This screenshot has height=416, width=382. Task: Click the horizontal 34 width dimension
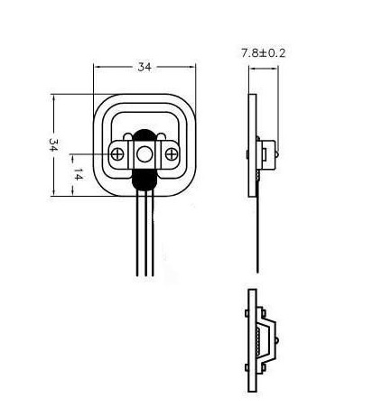[x=143, y=66]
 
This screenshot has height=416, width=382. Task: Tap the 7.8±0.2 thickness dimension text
[x=263, y=53]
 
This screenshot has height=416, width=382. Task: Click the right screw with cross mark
[x=170, y=154]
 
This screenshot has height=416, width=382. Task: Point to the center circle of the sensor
[x=144, y=153]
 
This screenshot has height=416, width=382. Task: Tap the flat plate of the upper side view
[x=252, y=144]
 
